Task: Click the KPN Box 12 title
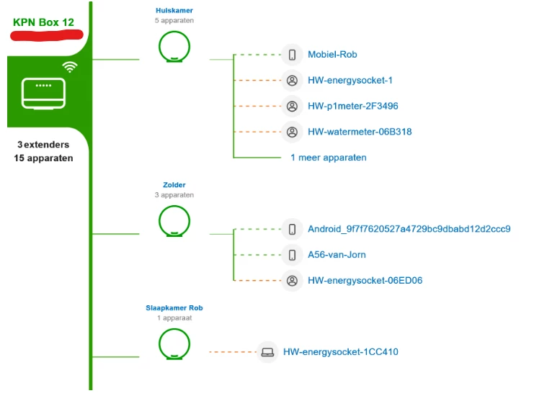click(x=43, y=22)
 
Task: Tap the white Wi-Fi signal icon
click(x=70, y=67)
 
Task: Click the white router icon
click(x=44, y=94)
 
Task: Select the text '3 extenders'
click(x=43, y=145)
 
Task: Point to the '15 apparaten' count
click(x=43, y=158)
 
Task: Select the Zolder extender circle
click(x=174, y=221)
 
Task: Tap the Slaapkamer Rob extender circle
click(x=174, y=343)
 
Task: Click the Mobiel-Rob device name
click(x=332, y=55)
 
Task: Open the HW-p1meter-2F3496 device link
click(x=352, y=107)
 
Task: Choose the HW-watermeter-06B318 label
click(x=360, y=132)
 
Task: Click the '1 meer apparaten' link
click(x=328, y=158)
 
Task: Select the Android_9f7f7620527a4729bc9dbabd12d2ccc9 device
click(x=409, y=229)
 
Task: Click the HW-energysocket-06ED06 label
click(x=365, y=281)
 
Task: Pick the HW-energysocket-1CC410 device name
click(x=340, y=352)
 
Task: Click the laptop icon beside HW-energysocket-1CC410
click(x=267, y=352)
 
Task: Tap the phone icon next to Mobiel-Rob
click(x=292, y=55)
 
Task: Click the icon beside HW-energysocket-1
click(x=292, y=81)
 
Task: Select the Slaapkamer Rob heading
click(x=174, y=308)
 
